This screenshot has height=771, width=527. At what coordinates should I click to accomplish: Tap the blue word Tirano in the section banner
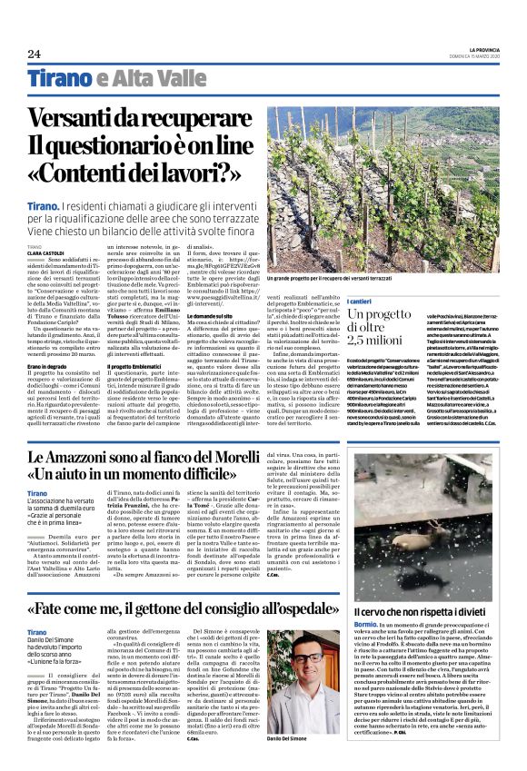(x=57, y=79)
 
